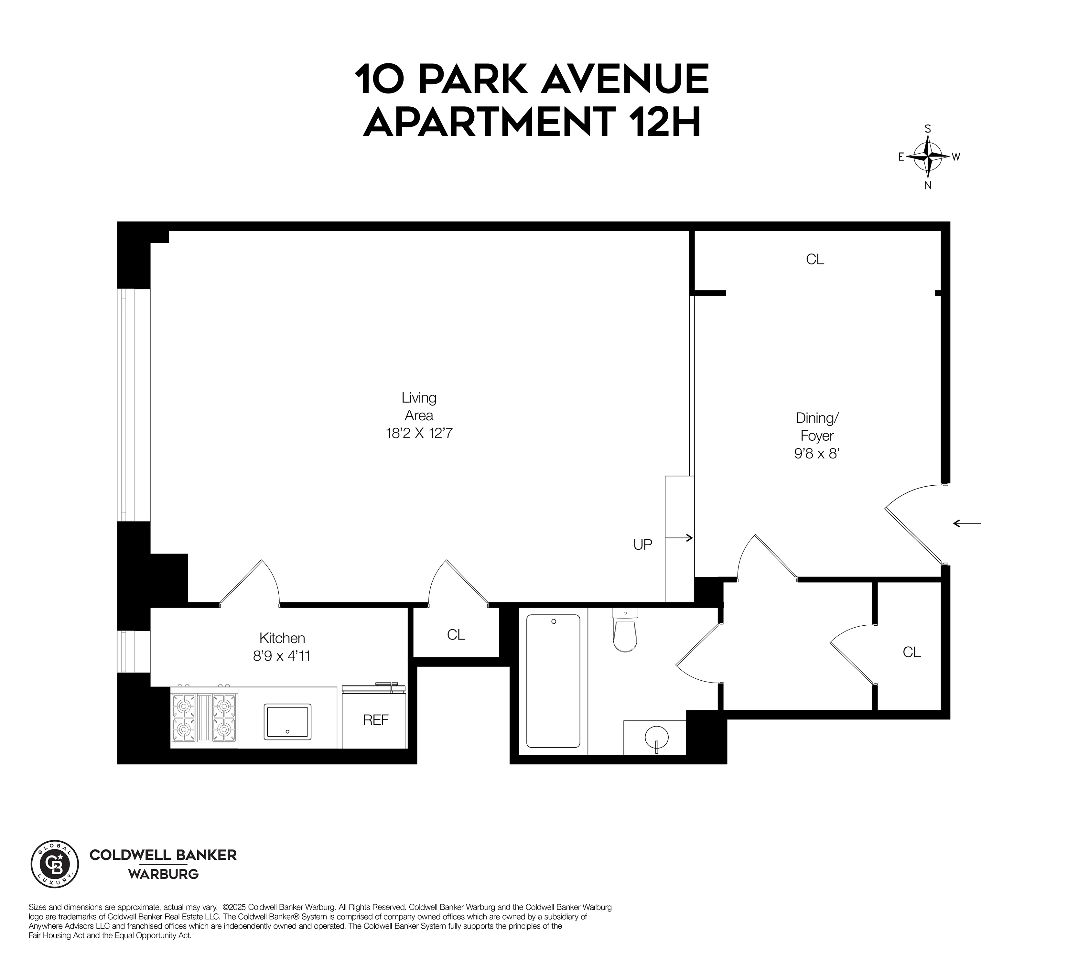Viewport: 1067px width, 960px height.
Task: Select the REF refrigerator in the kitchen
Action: pos(375,720)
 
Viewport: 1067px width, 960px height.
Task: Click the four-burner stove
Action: pos(204,717)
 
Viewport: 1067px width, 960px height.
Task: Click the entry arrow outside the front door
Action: pos(966,523)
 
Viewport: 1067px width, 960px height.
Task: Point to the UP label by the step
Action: pos(642,545)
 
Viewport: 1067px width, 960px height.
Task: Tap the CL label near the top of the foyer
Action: pos(815,260)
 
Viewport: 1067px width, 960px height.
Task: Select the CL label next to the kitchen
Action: pos(456,635)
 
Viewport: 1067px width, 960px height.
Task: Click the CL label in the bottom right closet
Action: pos(911,653)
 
